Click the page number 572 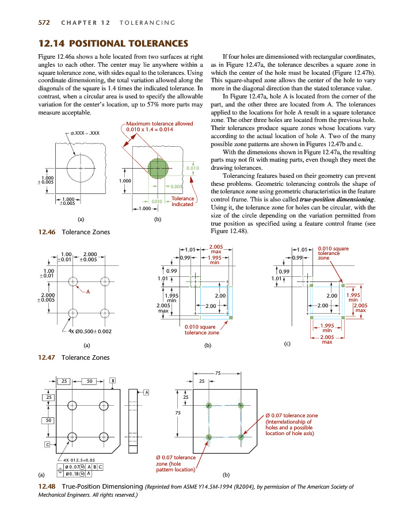coord(43,22)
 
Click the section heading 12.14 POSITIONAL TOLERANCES coord(113,43)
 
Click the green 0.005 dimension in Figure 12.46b coord(175,187)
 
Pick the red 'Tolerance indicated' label coord(182,201)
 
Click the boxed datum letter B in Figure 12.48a coord(113,381)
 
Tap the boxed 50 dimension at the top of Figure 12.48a coord(90,381)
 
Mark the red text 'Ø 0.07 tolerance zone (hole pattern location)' coord(177,463)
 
